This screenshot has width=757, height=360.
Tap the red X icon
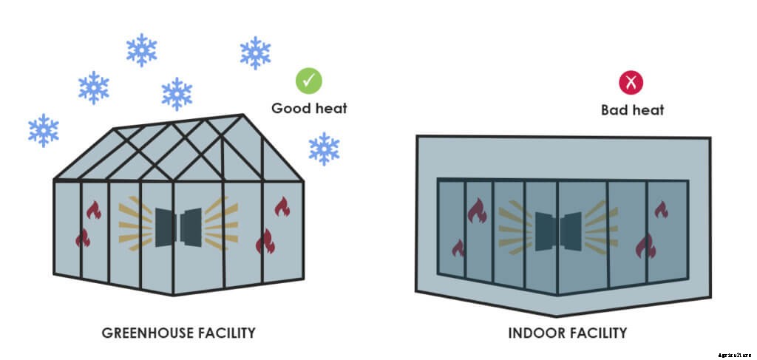point(631,83)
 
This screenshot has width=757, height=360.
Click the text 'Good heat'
point(309,109)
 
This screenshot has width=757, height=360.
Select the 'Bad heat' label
point(632,110)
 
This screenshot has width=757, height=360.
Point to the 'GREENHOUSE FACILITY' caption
point(178,333)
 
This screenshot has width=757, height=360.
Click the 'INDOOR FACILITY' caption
point(567,333)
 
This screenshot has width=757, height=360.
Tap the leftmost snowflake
point(44,130)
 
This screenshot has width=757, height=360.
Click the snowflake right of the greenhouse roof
point(324,149)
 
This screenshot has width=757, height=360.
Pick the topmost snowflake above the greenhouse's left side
point(141,50)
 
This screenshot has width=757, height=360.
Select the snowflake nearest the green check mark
point(256,53)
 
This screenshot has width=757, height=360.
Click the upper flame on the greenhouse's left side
point(93,211)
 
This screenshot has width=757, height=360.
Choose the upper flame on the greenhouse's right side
point(282,206)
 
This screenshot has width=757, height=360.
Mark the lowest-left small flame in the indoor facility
point(458,247)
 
